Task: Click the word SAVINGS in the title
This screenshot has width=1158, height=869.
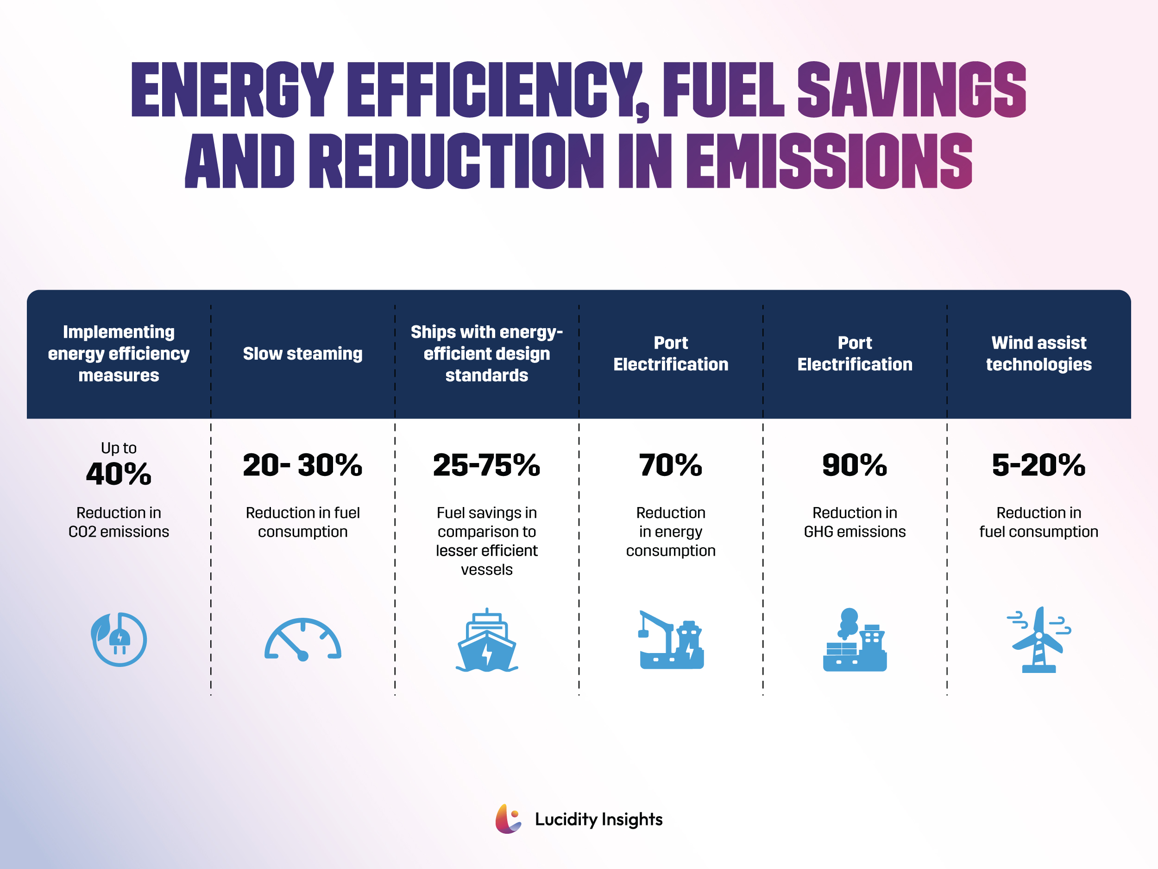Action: click(911, 89)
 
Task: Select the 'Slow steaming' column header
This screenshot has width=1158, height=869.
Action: click(302, 354)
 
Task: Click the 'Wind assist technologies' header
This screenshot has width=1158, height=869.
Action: click(1038, 354)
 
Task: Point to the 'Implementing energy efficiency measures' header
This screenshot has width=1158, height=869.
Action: click(119, 354)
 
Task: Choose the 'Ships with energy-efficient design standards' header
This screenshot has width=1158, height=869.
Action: click(486, 354)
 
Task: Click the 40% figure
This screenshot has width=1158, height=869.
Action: click(119, 474)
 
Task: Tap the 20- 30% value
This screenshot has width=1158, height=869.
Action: click(302, 465)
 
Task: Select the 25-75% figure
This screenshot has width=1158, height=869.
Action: click(486, 465)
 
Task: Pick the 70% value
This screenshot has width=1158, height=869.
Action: click(671, 465)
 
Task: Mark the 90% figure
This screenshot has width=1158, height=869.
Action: click(854, 465)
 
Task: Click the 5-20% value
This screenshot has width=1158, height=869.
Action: click(1038, 465)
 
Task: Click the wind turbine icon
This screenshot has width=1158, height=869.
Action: click(1038, 640)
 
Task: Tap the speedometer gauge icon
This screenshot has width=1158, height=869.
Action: click(302, 640)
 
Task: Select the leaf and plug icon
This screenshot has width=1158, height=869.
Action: click(119, 639)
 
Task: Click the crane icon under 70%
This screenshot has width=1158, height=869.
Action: click(671, 640)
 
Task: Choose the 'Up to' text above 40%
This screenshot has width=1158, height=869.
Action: click(119, 448)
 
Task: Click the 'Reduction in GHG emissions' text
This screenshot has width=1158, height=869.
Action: click(854, 522)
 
